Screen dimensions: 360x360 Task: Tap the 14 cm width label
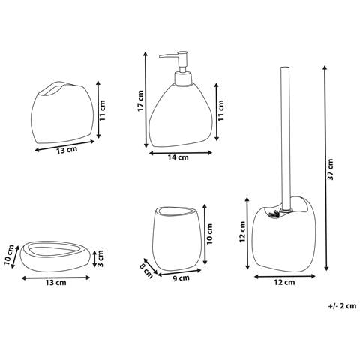pos(178,158)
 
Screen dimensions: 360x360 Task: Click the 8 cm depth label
pos(146,268)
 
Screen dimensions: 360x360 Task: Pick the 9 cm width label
pos(180,277)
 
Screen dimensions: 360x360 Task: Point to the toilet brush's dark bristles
pos(273,214)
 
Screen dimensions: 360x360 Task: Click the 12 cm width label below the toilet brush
pos(284,283)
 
